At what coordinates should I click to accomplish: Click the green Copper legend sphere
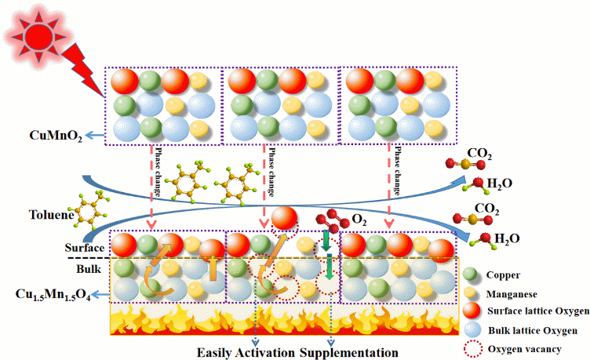470,275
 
